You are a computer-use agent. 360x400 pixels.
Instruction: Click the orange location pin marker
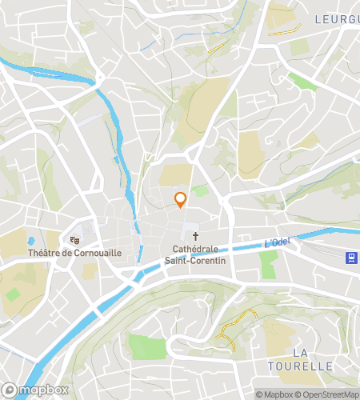tap(181, 199)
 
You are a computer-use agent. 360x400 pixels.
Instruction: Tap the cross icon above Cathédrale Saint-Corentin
tap(196, 237)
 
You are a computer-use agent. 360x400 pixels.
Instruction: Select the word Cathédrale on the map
tap(196, 250)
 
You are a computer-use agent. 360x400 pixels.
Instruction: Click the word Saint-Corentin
tap(196, 260)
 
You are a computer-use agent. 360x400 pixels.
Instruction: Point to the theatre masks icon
tap(75, 239)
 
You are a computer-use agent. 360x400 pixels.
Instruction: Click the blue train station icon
tap(350, 258)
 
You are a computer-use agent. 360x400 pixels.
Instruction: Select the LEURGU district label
tap(336, 18)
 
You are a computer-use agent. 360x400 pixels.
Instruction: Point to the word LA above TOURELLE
tap(301, 353)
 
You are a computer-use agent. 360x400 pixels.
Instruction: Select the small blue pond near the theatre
tap(30, 240)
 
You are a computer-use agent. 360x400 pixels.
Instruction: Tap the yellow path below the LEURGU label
tap(285, 30)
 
